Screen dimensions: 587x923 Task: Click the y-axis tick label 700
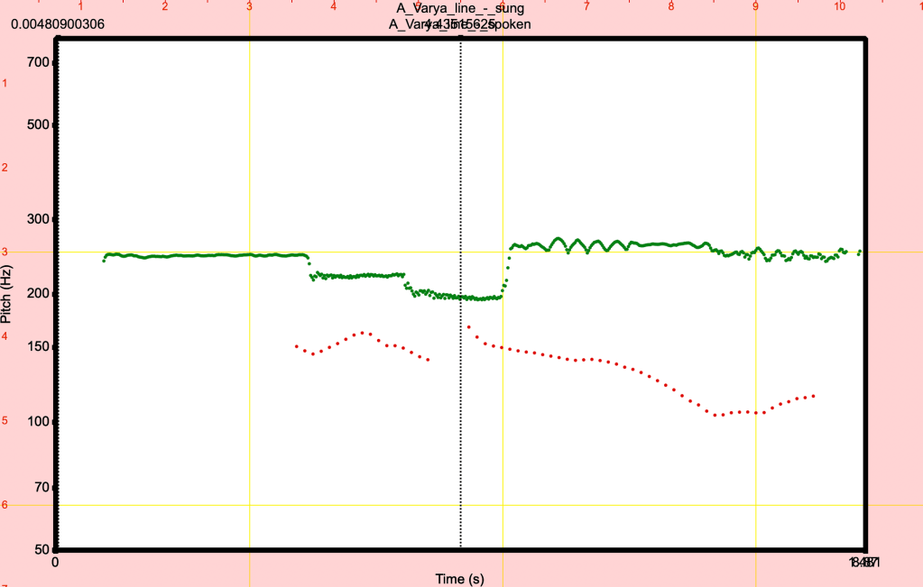39,62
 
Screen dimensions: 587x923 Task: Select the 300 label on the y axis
39,218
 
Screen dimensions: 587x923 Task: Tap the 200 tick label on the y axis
39,293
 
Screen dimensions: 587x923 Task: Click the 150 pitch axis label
39,346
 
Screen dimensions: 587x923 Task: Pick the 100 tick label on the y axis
39,421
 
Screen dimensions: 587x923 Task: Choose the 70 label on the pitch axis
42,487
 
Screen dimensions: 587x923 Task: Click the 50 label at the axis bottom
42,549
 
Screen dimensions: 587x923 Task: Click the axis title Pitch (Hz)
8,294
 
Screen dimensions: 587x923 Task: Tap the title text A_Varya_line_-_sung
459,9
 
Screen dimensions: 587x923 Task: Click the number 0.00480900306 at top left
58,24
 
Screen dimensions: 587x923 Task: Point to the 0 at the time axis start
55,563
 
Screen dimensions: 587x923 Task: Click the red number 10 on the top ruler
840,6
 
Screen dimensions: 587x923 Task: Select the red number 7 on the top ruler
586,6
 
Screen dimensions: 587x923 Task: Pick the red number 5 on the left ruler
5,420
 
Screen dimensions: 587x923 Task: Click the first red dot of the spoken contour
296,345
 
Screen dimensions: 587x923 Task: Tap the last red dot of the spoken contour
814,396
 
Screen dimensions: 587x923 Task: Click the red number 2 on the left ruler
5,168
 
